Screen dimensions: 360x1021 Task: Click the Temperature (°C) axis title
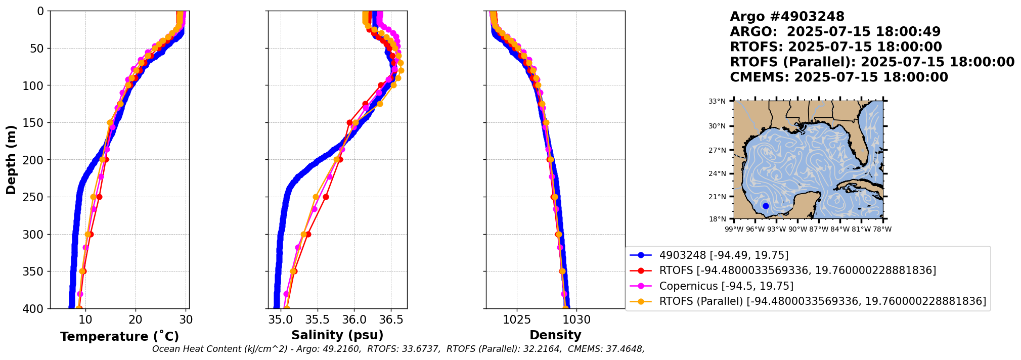119,337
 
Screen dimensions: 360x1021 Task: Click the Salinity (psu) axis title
337,335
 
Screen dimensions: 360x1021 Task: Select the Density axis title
555,335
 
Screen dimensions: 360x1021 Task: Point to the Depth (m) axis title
11,160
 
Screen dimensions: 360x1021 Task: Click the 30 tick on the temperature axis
186,320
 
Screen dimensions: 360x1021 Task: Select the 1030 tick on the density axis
576,320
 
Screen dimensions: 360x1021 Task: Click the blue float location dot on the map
766,206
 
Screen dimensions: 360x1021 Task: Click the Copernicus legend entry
726,286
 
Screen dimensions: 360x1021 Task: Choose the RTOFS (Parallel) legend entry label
822,301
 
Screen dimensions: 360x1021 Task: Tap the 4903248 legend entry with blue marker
724,255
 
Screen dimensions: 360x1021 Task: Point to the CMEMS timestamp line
838,77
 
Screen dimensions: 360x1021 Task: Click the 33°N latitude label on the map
717,101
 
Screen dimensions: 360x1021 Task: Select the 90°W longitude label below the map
797,229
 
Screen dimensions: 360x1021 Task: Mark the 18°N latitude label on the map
717,219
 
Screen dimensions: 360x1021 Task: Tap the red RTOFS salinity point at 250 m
326,197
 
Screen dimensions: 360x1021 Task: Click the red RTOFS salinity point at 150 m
349,122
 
